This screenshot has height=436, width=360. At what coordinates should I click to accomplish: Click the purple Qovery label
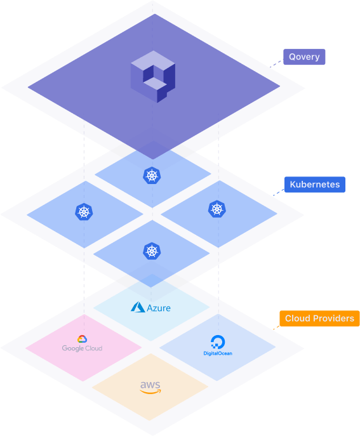304,56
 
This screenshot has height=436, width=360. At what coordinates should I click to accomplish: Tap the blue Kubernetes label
315,184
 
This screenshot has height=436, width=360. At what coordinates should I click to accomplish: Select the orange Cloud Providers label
319,319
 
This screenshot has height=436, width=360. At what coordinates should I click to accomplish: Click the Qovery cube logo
153,76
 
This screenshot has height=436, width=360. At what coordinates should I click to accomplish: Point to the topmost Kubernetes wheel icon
152,175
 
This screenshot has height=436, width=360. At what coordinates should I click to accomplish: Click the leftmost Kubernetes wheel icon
84,212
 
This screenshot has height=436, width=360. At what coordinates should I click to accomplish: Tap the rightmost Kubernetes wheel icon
217,209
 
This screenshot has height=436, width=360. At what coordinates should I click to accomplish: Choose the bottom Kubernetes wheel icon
152,251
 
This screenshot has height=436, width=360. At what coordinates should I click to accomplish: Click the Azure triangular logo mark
138,307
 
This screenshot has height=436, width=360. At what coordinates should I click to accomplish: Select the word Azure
159,308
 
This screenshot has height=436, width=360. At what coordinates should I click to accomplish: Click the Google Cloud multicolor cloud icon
82,339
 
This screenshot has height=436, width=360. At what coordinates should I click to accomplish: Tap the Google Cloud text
82,348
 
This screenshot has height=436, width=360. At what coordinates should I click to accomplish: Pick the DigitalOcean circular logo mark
218,342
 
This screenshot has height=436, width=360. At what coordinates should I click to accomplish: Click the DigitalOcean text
218,353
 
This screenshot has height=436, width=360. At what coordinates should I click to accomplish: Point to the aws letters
150,385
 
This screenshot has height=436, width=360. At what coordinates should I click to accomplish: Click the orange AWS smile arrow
150,392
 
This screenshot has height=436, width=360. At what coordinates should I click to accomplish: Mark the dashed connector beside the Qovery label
276,63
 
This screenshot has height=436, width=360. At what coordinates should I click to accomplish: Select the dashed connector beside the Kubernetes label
279,192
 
